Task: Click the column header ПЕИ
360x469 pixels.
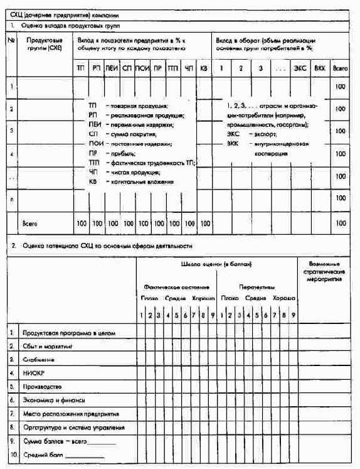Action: coord(112,67)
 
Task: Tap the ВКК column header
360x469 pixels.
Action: coord(320,67)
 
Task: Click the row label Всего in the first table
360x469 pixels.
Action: coord(31,223)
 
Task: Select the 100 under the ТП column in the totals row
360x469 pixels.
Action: coord(81,223)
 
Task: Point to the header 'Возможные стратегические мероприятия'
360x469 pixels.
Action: coord(326,272)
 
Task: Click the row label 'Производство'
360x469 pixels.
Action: coord(44,386)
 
